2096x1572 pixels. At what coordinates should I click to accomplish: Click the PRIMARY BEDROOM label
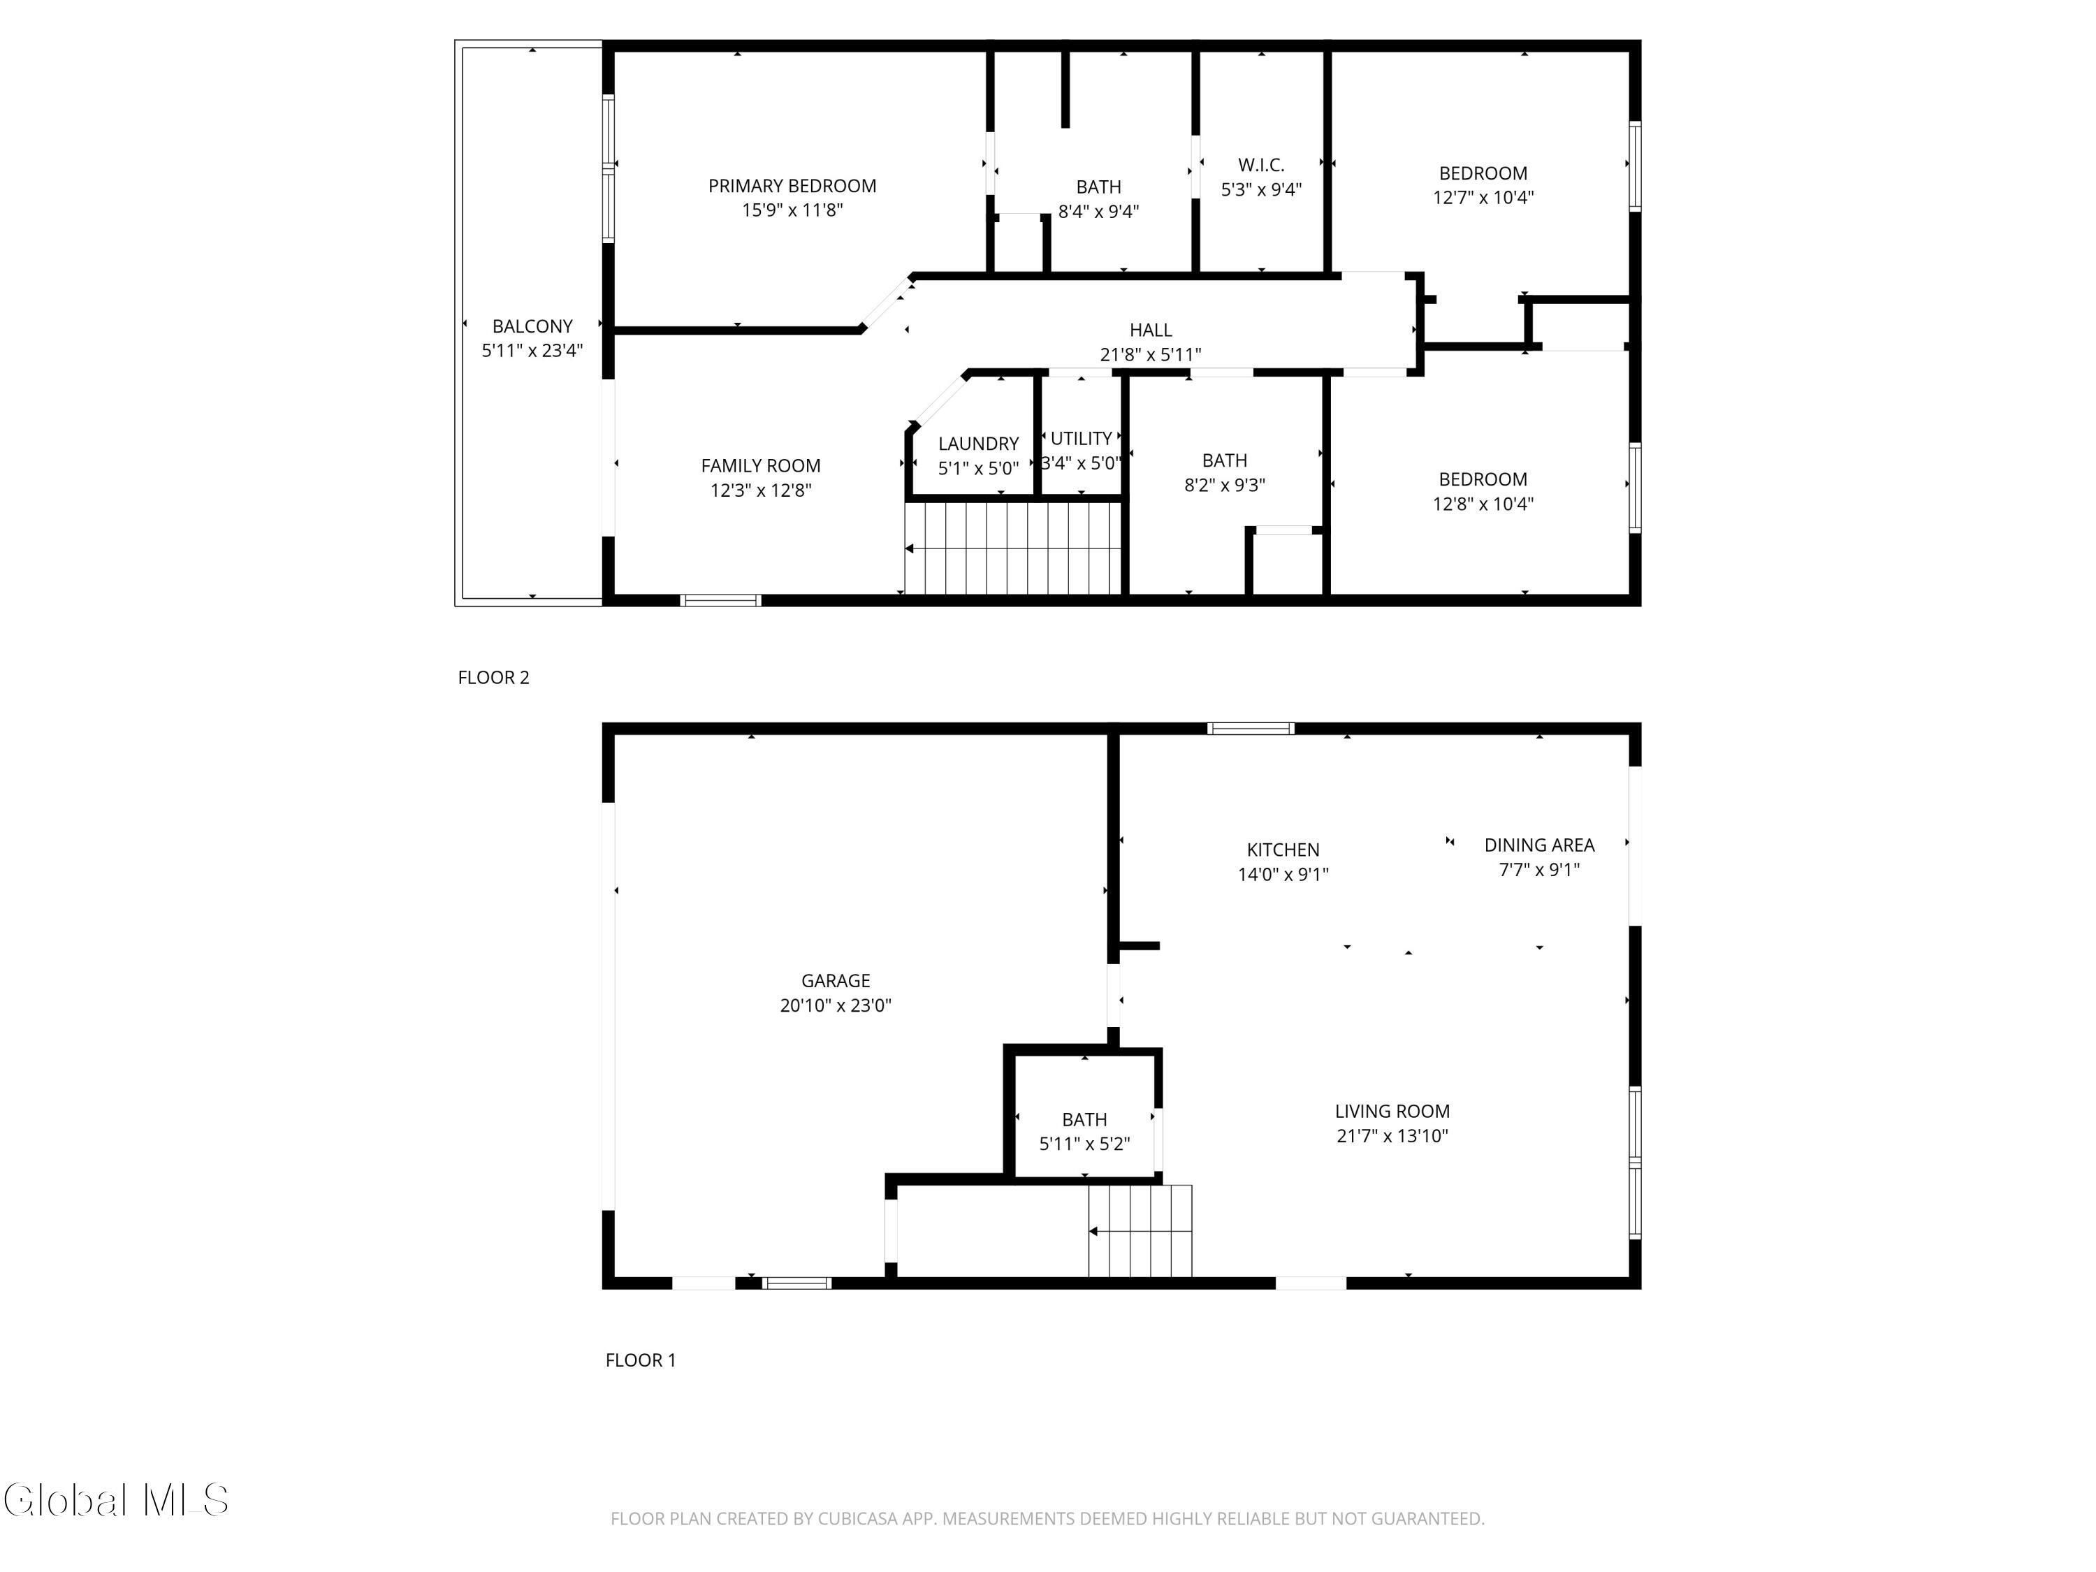coord(792,187)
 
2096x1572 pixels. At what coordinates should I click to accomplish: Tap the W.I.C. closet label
coord(1260,166)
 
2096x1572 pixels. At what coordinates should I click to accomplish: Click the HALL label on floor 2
coord(1150,330)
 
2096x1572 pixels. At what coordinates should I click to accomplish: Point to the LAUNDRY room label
coord(978,444)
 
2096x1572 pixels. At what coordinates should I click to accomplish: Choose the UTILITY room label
coord(1080,439)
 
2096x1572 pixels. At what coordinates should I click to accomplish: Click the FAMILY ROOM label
coord(760,466)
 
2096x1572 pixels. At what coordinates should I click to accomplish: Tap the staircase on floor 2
coord(1012,548)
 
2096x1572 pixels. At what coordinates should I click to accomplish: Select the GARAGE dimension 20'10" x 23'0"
coord(835,1005)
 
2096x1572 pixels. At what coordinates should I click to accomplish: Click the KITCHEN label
coord(1282,850)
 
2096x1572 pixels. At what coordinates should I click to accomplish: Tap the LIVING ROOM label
coord(1391,1112)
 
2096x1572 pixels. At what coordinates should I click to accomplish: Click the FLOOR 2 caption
coord(493,678)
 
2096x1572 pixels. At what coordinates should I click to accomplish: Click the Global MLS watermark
coord(115,1501)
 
